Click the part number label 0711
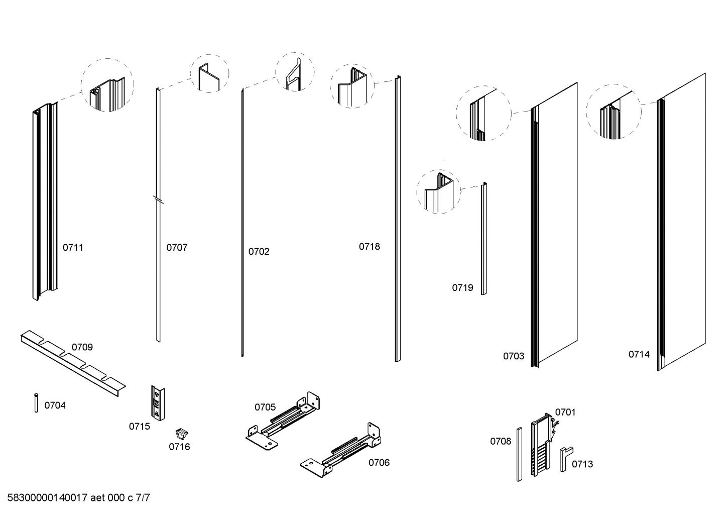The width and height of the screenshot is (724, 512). coord(73,247)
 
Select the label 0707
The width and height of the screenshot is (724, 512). coord(177,247)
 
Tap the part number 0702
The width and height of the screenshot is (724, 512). coord(259,251)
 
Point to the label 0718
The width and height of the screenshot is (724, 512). coord(369,246)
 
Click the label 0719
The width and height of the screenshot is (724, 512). coord(462,287)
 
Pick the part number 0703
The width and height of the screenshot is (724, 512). coord(514,356)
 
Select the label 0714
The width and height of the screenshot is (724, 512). coord(639,354)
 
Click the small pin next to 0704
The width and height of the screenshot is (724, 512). coord(36,402)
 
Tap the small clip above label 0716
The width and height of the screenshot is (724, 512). coord(181,433)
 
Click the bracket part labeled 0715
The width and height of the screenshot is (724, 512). coord(158,402)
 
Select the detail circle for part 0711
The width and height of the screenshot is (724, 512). coord(107,85)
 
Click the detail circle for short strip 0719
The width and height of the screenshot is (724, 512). coord(439,191)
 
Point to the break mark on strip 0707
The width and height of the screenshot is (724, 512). coord(159,200)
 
